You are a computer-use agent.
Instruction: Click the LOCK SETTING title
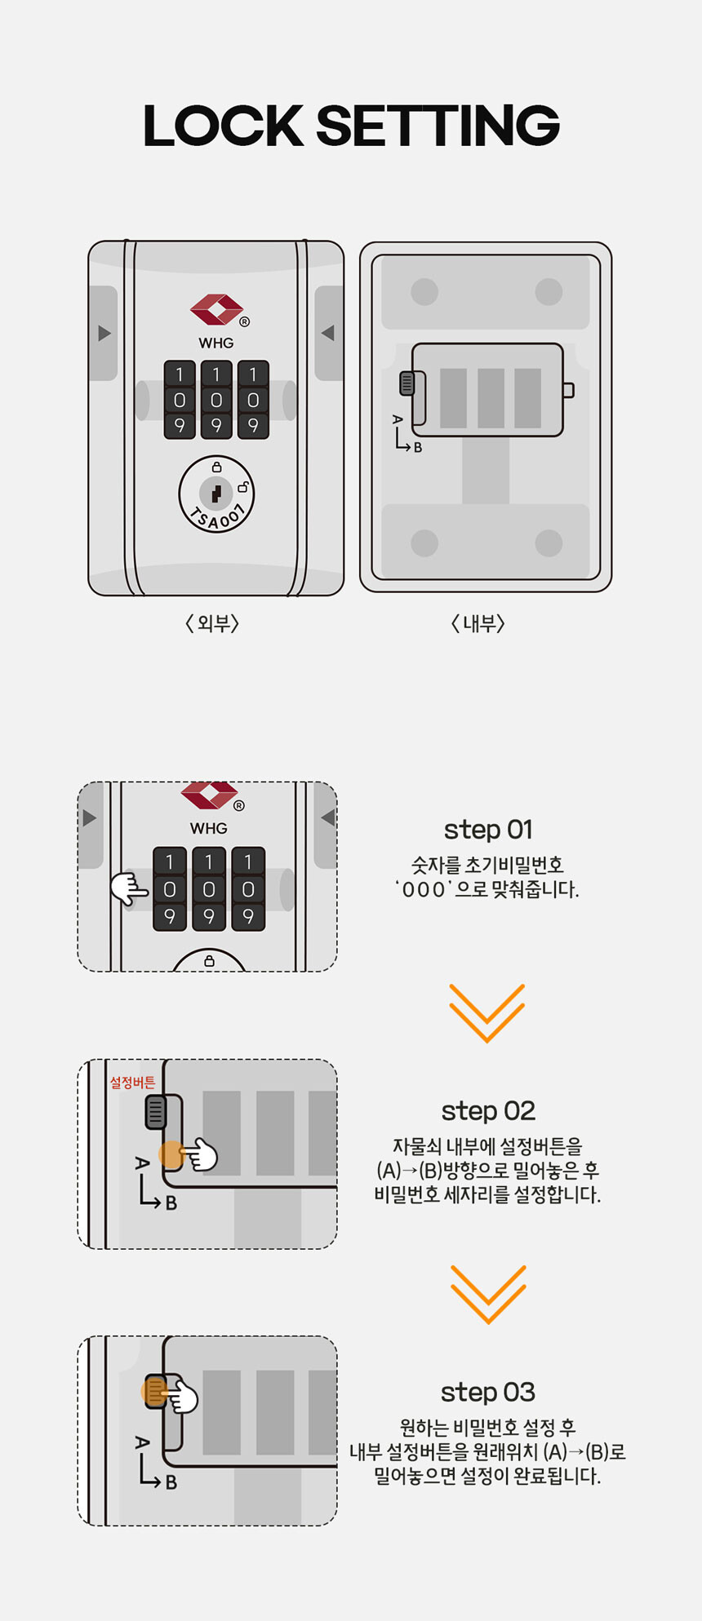coord(351,126)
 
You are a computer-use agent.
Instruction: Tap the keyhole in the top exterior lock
coord(216,493)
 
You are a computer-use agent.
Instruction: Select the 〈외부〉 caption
coord(212,624)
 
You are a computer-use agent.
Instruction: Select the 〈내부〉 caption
coord(478,624)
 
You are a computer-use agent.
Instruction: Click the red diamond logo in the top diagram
coord(216,310)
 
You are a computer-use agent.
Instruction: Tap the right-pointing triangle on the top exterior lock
coord(104,333)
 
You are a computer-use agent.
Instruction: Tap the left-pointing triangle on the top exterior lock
coord(328,333)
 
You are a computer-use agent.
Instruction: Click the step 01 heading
coord(488,830)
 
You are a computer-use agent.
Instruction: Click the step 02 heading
coord(488,1111)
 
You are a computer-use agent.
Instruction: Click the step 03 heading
coord(488,1393)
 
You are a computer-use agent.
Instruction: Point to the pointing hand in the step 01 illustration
coord(129,888)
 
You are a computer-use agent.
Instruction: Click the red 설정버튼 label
coord(132,1083)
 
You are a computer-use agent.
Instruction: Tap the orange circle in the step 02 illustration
coord(171,1154)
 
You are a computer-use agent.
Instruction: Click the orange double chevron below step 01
coord(487,1012)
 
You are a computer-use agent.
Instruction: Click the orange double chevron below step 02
coord(487,1294)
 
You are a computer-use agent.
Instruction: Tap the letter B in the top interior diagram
coord(418,447)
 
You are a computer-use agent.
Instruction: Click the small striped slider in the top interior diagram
coord(407,383)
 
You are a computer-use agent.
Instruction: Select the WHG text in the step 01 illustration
coord(209,828)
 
